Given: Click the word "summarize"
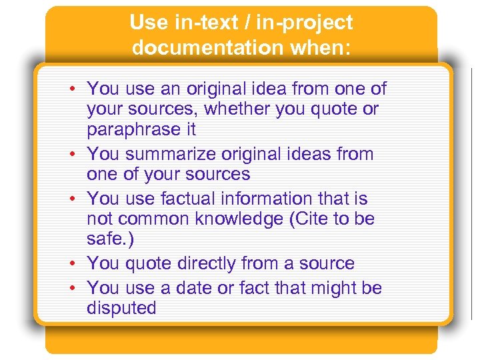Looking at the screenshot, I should [x=162, y=154].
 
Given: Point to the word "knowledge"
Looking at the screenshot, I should [x=246, y=219].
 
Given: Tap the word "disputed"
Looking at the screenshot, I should [x=121, y=308].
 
